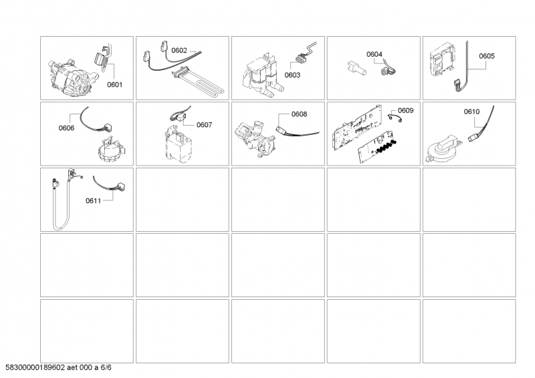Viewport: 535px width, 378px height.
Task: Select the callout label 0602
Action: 179,50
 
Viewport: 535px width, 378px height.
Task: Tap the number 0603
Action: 292,75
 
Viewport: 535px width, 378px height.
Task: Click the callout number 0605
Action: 487,57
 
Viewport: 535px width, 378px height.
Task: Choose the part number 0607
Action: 204,124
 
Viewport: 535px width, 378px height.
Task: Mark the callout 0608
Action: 299,114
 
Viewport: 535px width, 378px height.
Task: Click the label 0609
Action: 406,110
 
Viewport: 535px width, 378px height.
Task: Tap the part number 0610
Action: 472,112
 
